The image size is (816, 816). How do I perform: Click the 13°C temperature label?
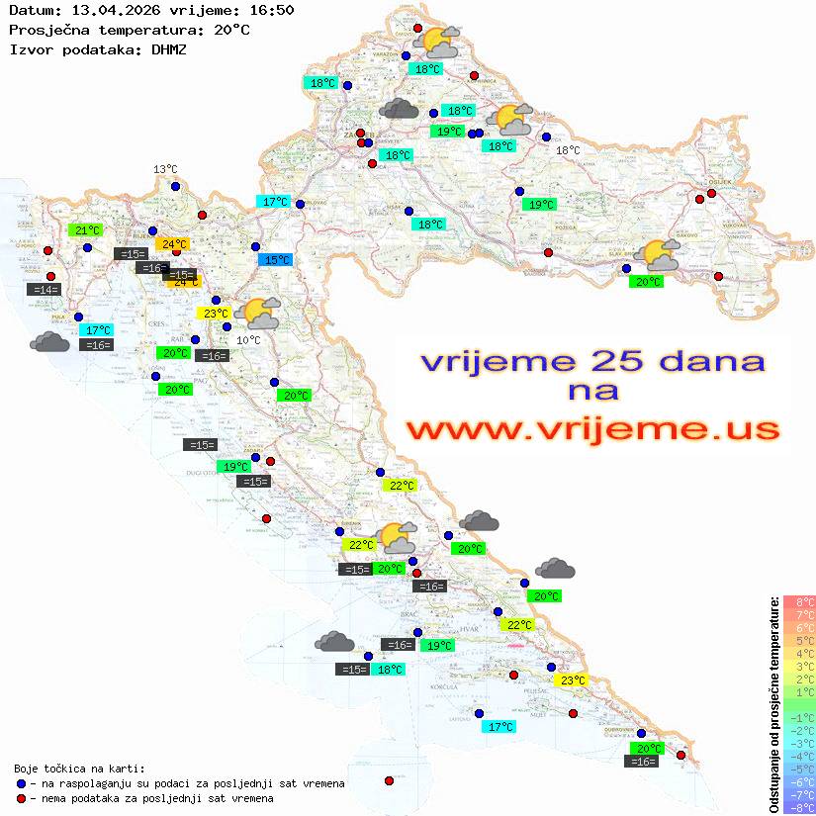point(165,170)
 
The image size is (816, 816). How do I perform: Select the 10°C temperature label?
point(248,340)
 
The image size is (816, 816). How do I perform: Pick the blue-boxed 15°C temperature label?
point(276,260)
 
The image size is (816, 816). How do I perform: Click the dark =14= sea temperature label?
point(45,290)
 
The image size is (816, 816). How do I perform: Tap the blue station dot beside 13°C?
point(175,186)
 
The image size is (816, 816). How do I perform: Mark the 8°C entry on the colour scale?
point(799,602)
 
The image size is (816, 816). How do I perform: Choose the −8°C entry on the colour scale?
point(799,807)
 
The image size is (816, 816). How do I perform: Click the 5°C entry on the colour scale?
point(799,641)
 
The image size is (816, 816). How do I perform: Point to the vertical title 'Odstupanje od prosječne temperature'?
point(774,704)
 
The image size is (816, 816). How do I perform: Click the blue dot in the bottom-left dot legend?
point(22,783)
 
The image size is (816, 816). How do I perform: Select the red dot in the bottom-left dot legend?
point(22,798)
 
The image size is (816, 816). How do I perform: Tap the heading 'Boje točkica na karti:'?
point(79,769)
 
